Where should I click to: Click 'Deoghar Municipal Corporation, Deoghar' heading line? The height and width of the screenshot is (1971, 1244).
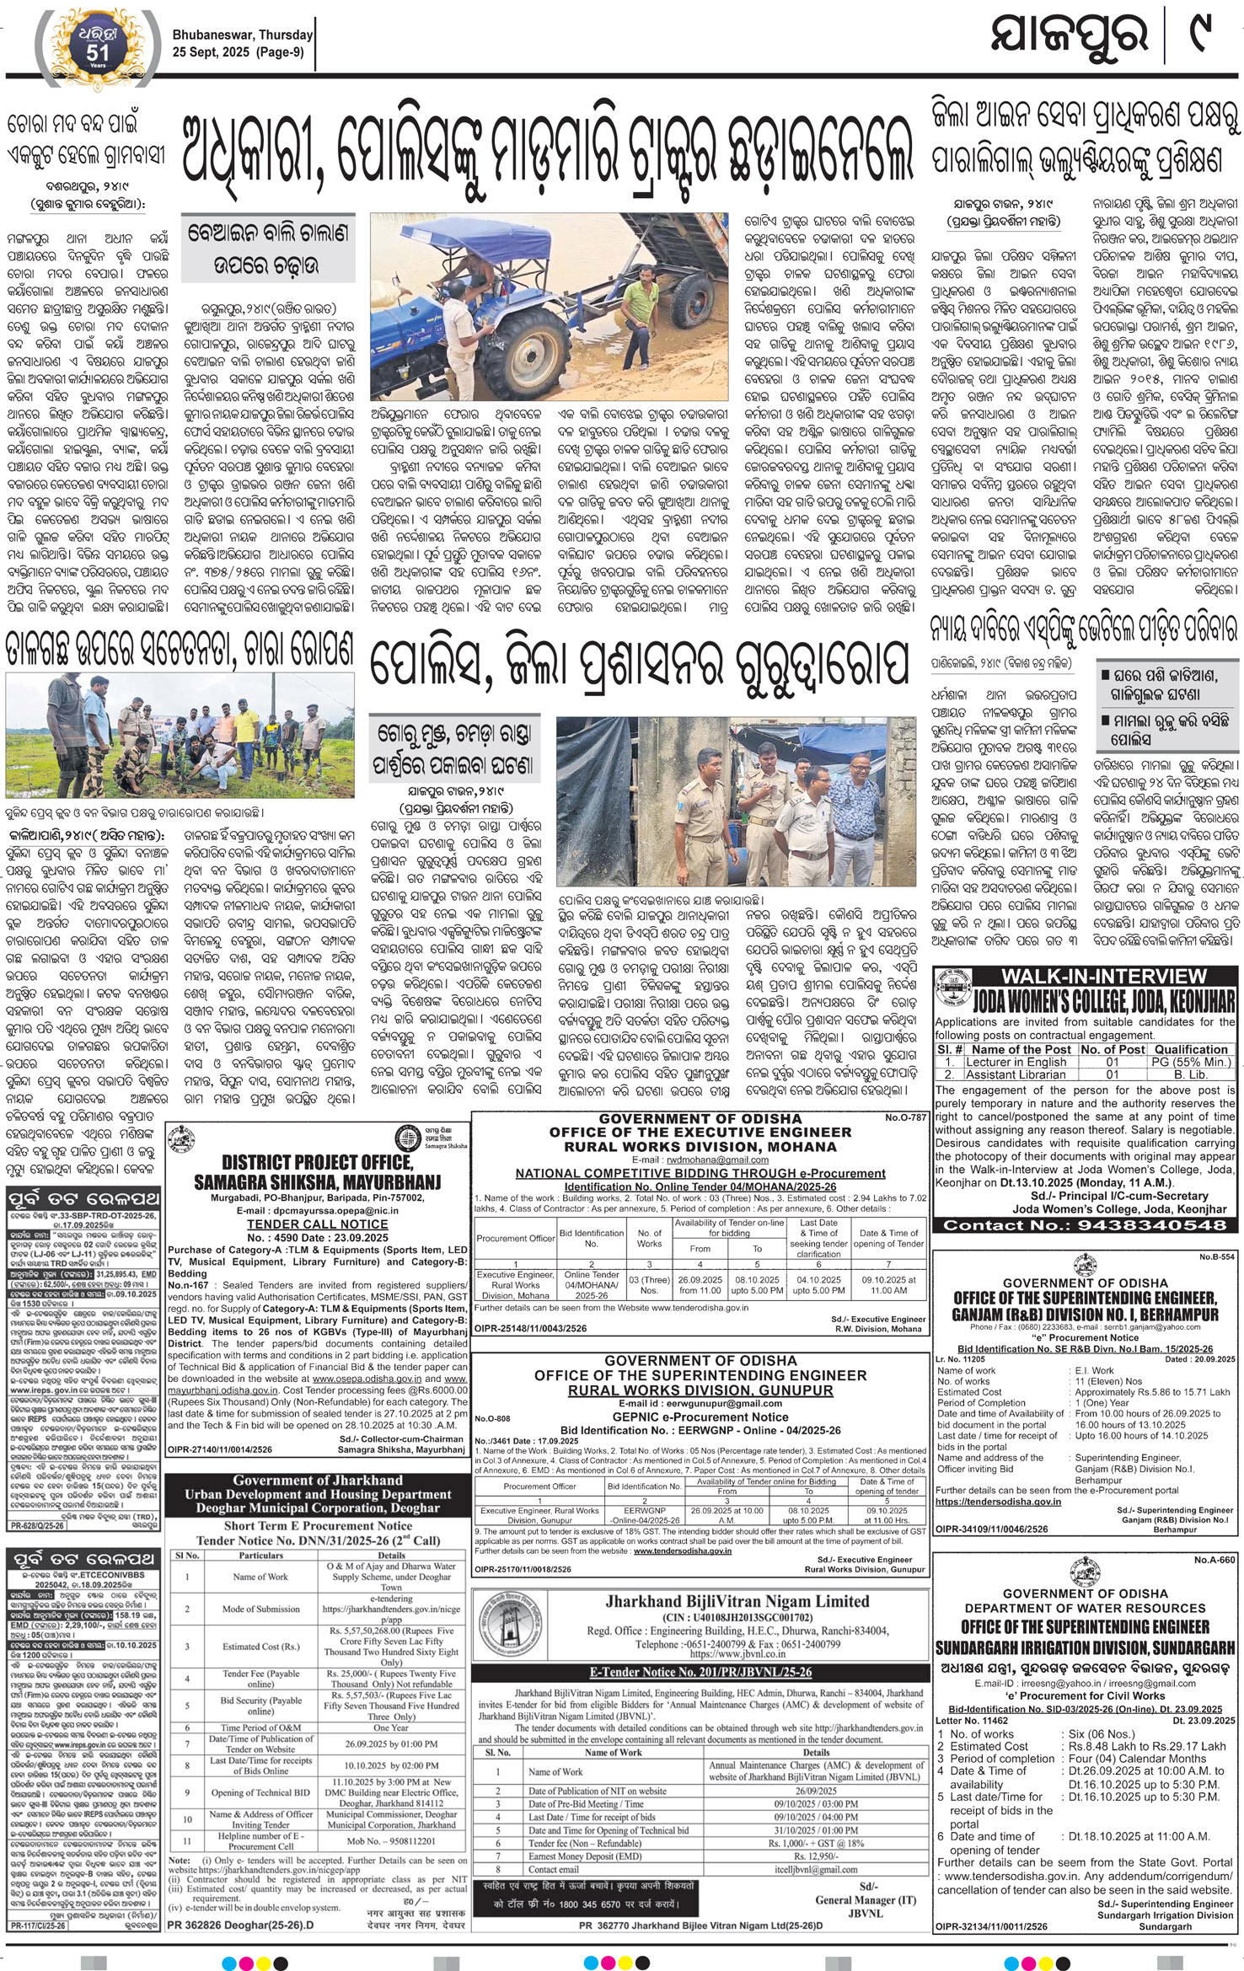(318, 1508)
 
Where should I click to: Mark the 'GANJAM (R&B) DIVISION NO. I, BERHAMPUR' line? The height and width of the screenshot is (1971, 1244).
(1086, 1314)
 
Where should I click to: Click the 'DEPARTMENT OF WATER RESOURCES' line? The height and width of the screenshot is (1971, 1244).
(1086, 1608)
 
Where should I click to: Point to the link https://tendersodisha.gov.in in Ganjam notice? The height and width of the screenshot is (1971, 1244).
(985, 1501)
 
